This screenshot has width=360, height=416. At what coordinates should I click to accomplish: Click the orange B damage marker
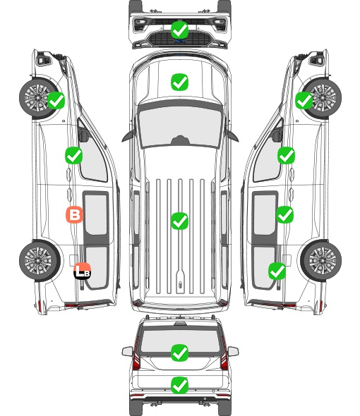coord(74,214)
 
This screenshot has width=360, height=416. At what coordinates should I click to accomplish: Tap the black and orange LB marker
coord(83,271)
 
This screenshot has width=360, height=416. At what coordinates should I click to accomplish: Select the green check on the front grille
coord(179,30)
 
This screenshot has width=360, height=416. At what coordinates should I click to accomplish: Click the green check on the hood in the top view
coord(179,82)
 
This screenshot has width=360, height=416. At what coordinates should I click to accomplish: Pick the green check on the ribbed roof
coord(179,221)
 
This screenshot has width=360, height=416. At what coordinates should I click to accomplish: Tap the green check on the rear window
coord(179,353)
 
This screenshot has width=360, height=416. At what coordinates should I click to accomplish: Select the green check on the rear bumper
coord(179,385)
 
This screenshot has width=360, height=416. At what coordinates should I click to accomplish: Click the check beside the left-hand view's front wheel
coord(56,100)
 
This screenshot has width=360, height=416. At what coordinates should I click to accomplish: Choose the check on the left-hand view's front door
coord(73,155)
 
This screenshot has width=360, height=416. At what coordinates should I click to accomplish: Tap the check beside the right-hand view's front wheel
coord(304,100)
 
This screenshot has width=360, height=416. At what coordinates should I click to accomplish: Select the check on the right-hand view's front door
coord(286,155)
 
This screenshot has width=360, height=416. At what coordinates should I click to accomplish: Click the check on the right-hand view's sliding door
coord(284,214)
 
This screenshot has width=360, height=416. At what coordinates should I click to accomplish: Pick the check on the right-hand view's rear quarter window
coord(277,271)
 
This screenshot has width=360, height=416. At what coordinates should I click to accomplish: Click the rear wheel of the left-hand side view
coord(40,260)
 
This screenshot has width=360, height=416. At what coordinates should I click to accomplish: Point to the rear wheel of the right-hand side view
coord(321,260)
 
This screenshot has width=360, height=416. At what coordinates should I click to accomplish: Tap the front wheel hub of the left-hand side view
coord(37,97)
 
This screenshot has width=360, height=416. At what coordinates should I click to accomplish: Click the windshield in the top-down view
coord(180,126)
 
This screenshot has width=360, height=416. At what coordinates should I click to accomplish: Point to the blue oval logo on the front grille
coord(179,41)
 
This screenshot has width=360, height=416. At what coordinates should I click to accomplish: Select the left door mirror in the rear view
coord(127,351)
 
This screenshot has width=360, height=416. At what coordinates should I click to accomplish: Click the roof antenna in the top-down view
coord(180,284)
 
